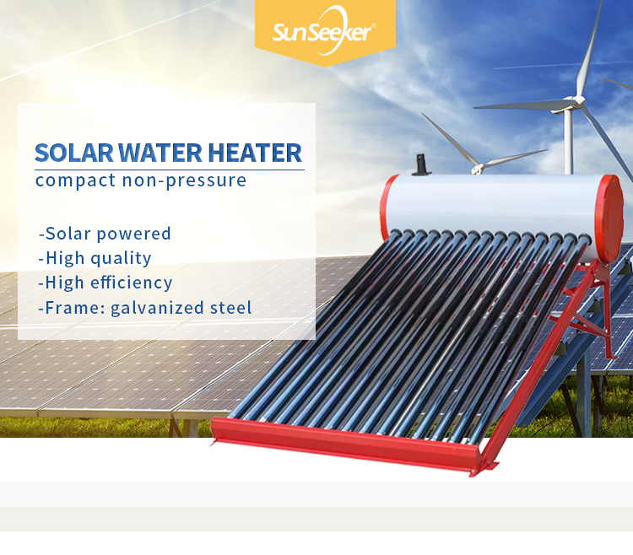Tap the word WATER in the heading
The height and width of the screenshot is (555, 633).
[x=160, y=153]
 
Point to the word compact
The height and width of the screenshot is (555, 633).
[x=75, y=181]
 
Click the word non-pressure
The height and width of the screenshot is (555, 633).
[x=184, y=181]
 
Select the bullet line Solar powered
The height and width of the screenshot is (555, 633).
[x=105, y=234]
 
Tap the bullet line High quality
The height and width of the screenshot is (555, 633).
[x=95, y=259]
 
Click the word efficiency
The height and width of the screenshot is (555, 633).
[x=131, y=283]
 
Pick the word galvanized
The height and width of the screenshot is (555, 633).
[x=158, y=308]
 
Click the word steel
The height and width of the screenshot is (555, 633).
[x=230, y=308]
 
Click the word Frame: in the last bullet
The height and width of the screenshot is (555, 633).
[x=74, y=308]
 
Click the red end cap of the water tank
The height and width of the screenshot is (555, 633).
[x=609, y=219]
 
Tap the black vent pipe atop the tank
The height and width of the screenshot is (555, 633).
[x=421, y=164]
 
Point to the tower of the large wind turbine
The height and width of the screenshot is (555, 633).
[x=568, y=141]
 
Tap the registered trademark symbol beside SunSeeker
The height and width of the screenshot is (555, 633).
[x=373, y=25]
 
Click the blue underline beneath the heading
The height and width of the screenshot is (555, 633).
[x=170, y=170]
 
